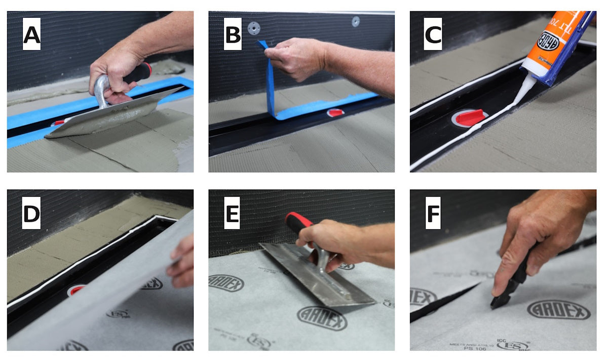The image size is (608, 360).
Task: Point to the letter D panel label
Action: point(31,214)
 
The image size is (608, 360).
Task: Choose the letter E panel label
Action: point(233,214)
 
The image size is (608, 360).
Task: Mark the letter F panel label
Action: point(433,214)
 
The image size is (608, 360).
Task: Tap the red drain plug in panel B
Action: point(336,112)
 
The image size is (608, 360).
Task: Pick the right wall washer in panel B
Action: point(356,21)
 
